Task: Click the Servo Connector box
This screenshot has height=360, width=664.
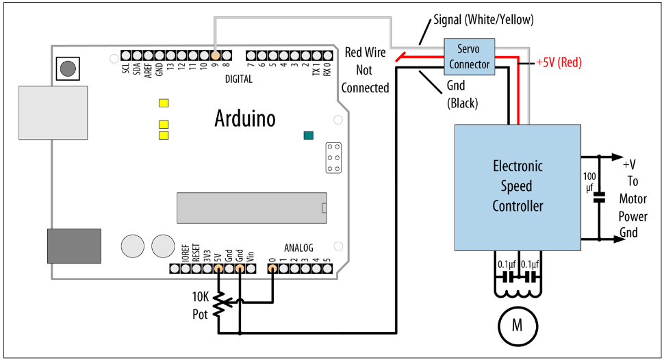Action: coord(469,57)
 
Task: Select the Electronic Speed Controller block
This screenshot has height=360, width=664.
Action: coord(518,188)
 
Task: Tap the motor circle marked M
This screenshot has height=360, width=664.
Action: coord(518,326)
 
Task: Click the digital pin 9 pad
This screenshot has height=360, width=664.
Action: coord(215,55)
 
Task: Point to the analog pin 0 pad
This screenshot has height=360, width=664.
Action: coord(272,268)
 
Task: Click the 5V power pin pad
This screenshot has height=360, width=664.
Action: coord(218,268)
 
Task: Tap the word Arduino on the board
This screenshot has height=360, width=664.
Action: coord(245,118)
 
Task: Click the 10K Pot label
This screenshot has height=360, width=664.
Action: coord(201,305)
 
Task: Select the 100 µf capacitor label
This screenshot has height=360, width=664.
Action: coord(589,181)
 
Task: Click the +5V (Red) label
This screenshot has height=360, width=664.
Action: coord(559,62)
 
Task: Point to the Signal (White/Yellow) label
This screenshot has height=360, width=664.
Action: coord(483,19)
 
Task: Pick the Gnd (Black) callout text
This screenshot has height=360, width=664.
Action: coord(462,94)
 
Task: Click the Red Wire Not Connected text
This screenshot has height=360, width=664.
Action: coord(365,70)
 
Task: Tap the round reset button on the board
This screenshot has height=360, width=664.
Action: coord(68,68)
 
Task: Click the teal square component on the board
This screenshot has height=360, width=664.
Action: coord(309,136)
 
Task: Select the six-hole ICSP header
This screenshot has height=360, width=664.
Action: coord(333,158)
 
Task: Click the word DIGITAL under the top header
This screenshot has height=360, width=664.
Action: coord(239,79)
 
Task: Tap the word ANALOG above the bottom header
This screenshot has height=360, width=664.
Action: coord(298,248)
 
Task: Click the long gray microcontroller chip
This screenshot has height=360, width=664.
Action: coord(251,208)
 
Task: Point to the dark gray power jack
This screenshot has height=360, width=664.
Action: coord(74,246)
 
